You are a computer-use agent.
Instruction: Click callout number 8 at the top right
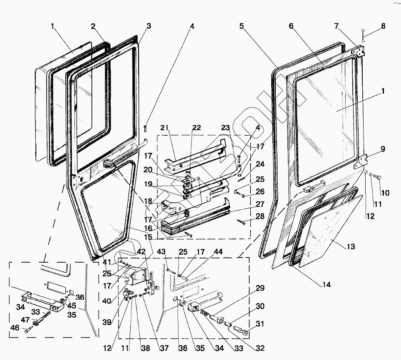[383, 26]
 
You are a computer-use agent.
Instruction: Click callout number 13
[351, 247]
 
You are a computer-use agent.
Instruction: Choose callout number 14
[327, 285]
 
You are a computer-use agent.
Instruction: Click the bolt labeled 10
[376, 178]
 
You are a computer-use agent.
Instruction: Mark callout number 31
[260, 324]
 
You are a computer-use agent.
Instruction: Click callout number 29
[260, 288]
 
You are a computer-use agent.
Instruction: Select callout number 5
[241, 26]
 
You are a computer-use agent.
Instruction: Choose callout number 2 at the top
[94, 26]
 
